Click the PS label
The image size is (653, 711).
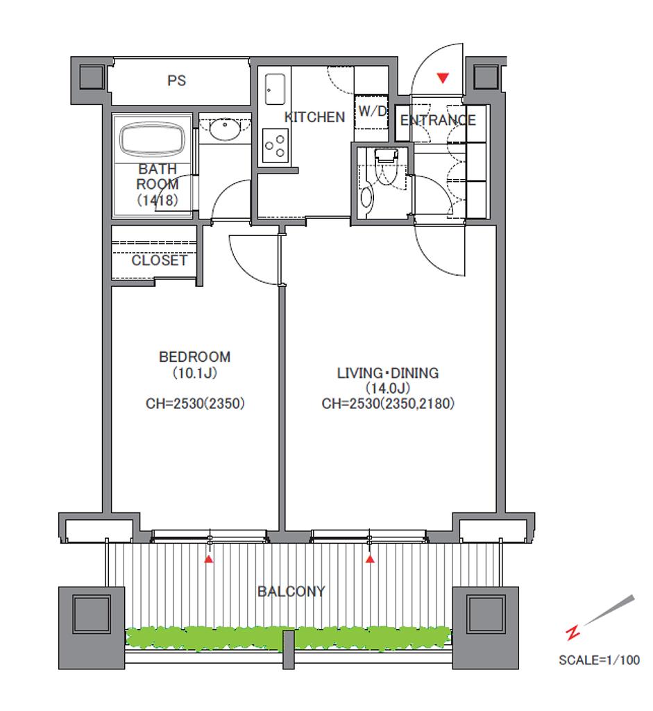[x=176, y=81]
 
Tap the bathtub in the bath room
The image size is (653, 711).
[x=152, y=139]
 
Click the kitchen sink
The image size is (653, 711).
[x=275, y=90]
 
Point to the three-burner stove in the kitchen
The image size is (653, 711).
[x=275, y=146]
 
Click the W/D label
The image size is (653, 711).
[x=373, y=111]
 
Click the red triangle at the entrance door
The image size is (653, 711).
[x=443, y=78]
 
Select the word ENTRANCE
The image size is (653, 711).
[x=438, y=120]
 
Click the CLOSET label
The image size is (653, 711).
[x=159, y=260]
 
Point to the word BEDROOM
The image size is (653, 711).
[x=194, y=357]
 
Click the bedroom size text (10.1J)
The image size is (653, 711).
[x=194, y=373]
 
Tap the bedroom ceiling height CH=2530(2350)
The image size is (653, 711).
[x=195, y=403]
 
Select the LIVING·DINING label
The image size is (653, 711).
[x=387, y=373]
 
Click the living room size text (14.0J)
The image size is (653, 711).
[x=387, y=388]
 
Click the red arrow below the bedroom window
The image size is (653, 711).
[x=208, y=559]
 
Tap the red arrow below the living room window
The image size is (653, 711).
[x=371, y=559]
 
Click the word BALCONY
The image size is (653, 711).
[x=291, y=592]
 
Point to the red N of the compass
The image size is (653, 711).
[x=573, y=633]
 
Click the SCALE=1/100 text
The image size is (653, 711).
[x=599, y=660]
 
